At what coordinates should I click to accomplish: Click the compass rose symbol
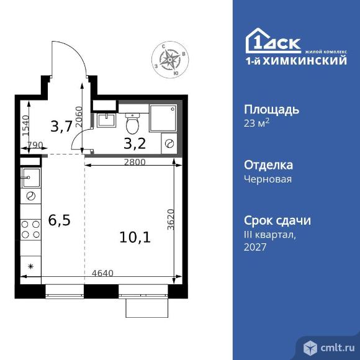(169, 60)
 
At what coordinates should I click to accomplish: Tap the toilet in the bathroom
(132, 124)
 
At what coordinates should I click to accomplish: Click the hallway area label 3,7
(60, 127)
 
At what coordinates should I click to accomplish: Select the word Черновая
(267, 179)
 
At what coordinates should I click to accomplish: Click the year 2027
(256, 247)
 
